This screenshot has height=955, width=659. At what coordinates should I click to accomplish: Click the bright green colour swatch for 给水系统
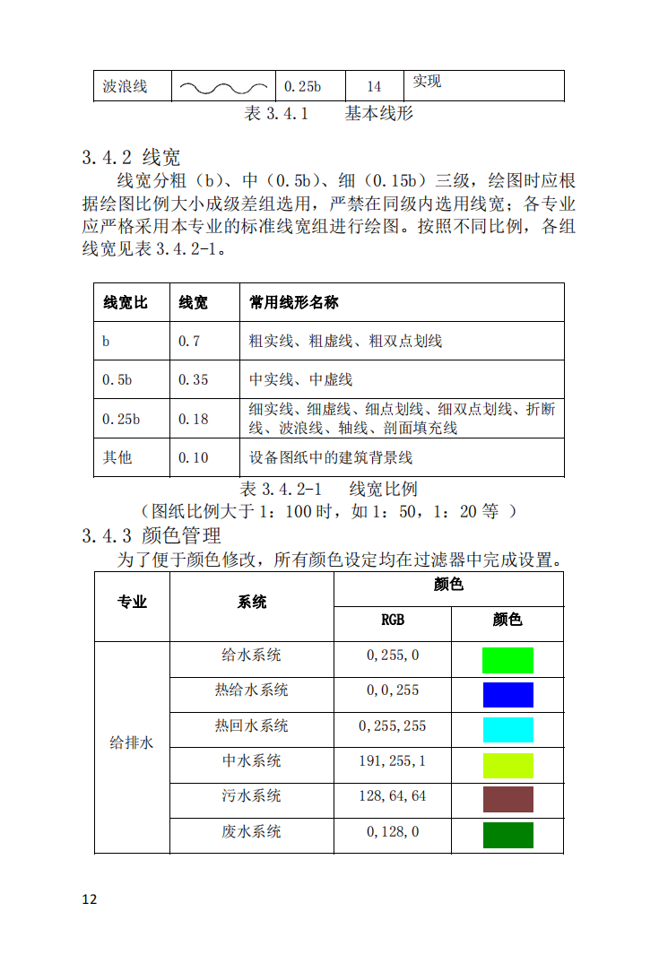(507, 660)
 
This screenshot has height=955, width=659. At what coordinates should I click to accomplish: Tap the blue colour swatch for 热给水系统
(507, 695)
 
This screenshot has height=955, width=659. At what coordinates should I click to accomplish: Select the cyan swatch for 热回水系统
(507, 730)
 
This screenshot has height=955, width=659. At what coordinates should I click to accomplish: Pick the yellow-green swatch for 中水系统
(507, 765)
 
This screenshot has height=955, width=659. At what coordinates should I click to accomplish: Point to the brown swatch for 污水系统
(507, 800)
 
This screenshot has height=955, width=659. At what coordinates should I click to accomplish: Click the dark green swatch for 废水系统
(507, 835)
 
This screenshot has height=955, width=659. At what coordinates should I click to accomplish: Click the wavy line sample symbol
(223, 87)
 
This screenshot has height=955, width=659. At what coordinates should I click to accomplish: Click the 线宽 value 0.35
(193, 379)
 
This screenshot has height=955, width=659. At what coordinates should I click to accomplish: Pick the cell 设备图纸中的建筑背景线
(330, 457)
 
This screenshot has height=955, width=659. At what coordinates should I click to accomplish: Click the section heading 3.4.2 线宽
(131, 158)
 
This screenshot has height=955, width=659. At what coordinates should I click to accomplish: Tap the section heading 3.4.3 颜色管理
(151, 536)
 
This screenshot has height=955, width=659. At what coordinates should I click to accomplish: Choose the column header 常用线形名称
(293, 302)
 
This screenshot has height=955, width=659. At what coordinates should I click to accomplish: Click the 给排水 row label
(131, 743)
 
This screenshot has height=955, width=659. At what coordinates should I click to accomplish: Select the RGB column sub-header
(393, 620)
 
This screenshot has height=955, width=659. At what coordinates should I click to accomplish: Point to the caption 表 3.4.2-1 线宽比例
(329, 490)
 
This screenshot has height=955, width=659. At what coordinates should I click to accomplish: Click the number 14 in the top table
(374, 87)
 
